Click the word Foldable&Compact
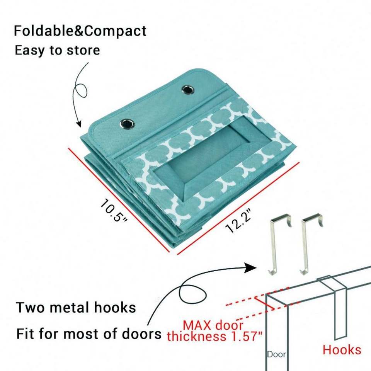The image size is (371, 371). [x=80, y=31]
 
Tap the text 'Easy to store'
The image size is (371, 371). [x=57, y=50]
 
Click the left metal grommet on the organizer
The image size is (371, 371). [x=127, y=124]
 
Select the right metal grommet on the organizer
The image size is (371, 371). [x=189, y=90]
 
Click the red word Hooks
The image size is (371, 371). [x=342, y=350]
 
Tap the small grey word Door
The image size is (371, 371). [x=277, y=354]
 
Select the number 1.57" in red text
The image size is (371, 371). [x=243, y=336]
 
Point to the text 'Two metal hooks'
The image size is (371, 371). [x=76, y=308]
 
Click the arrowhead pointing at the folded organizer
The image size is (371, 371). [x=79, y=124]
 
